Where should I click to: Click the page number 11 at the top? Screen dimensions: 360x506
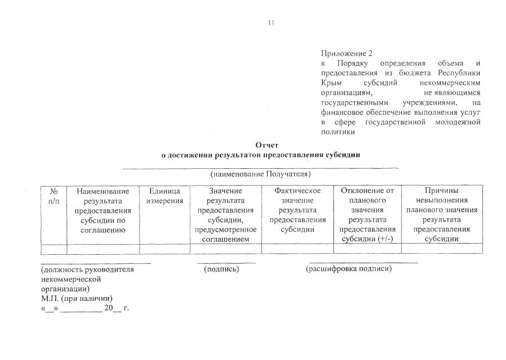(271, 23)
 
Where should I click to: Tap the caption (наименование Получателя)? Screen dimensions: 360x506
(260, 175)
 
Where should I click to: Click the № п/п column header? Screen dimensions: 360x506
(54, 196)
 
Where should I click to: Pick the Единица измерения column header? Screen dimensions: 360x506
(165, 196)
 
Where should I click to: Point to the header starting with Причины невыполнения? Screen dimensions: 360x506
(441, 214)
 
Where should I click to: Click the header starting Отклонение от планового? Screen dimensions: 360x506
(367, 214)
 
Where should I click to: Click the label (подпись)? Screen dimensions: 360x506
(222, 269)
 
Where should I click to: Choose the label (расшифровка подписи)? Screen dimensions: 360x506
(349, 269)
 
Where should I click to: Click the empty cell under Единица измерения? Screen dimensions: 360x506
(165, 249)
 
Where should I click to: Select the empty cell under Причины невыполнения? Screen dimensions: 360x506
(441, 249)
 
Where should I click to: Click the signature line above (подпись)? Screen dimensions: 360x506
(226, 263)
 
